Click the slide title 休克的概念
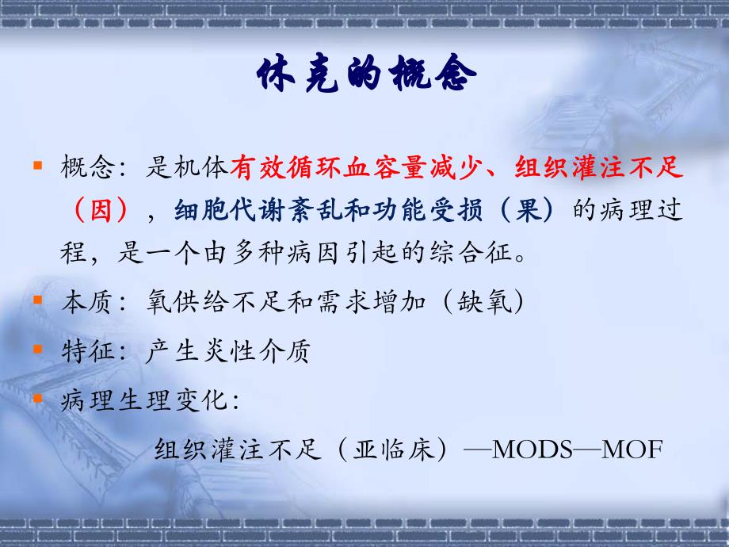click(366, 75)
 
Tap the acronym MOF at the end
click(632, 449)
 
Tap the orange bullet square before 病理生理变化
click(37, 396)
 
